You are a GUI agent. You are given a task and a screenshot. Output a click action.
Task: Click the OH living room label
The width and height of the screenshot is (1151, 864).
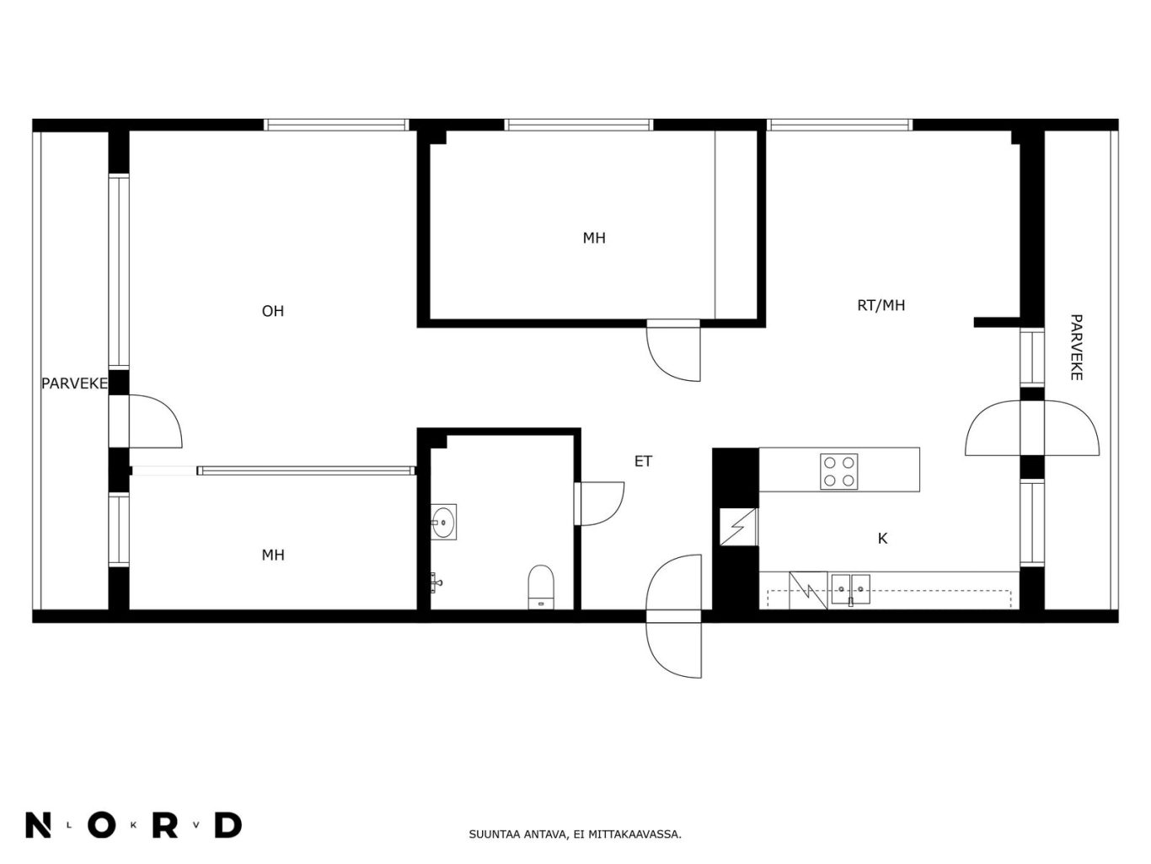(273, 311)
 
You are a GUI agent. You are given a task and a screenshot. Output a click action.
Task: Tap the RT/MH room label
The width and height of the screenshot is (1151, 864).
(881, 305)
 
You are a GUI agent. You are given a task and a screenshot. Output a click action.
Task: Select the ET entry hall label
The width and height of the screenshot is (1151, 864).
(643, 461)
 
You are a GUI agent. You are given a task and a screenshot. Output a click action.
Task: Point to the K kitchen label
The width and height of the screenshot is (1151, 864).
(882, 539)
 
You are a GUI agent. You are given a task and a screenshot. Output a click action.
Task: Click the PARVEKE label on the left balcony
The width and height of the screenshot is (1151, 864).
(74, 384)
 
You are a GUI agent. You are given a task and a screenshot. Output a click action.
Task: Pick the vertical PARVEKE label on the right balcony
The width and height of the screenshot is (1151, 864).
(1076, 347)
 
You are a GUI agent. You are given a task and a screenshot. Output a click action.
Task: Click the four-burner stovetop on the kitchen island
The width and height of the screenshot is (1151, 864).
(838, 471)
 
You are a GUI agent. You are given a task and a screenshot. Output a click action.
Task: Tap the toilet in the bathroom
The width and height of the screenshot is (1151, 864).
(541, 587)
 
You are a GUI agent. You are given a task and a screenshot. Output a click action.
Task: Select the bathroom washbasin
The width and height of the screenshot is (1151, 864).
(443, 522)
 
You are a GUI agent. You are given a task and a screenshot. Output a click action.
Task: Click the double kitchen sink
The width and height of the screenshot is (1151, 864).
(850, 589)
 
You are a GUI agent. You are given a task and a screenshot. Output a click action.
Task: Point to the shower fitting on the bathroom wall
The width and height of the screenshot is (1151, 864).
(436, 582)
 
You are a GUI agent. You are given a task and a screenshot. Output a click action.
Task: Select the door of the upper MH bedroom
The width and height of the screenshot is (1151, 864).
(674, 351)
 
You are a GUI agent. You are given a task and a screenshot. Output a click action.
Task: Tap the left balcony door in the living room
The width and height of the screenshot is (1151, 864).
(155, 421)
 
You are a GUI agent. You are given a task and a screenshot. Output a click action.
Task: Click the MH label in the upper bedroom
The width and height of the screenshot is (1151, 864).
(594, 239)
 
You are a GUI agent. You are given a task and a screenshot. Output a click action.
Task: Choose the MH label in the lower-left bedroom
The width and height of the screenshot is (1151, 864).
(273, 555)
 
